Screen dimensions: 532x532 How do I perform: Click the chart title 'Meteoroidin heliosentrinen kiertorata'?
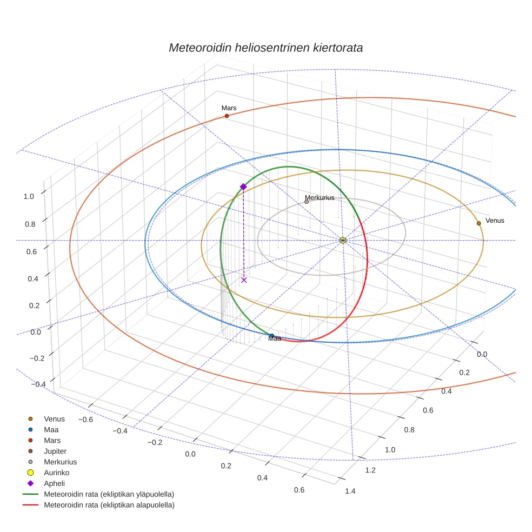(x=265, y=48)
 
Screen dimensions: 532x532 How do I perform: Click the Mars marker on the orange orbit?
(x=227, y=116)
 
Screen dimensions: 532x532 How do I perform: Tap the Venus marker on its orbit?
(x=478, y=223)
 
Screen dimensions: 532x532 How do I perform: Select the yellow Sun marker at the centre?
(x=343, y=240)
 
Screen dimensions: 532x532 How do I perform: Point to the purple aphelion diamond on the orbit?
(x=243, y=187)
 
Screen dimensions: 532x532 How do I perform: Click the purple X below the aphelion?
(x=244, y=280)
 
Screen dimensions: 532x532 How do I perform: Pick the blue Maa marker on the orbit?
(x=271, y=336)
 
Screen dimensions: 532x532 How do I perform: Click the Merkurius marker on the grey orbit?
(x=307, y=202)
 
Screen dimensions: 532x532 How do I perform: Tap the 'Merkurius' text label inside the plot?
(x=320, y=197)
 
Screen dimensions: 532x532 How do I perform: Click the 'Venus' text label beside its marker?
(x=495, y=221)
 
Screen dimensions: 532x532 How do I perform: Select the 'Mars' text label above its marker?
(x=229, y=108)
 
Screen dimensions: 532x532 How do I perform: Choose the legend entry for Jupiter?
(x=55, y=451)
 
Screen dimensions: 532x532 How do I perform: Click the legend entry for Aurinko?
(x=56, y=473)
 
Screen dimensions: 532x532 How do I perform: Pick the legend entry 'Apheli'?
(x=54, y=483)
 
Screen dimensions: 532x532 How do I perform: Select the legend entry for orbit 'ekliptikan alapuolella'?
(x=109, y=505)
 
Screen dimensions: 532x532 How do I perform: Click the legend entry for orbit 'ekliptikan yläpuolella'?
(x=109, y=494)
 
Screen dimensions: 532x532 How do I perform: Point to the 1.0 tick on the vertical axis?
(x=29, y=196)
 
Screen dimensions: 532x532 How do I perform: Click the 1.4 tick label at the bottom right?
(x=350, y=491)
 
